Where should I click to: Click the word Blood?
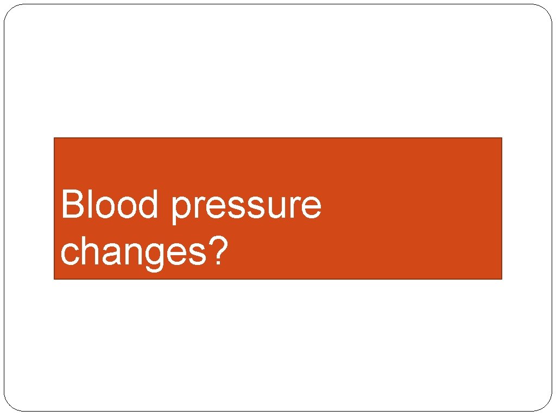[x=109, y=205]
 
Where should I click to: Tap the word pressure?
[x=245, y=206]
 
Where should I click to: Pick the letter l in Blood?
[x=89, y=205]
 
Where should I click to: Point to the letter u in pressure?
[x=273, y=208]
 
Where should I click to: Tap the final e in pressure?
[x=310, y=208]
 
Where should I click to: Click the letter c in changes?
[x=69, y=253]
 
